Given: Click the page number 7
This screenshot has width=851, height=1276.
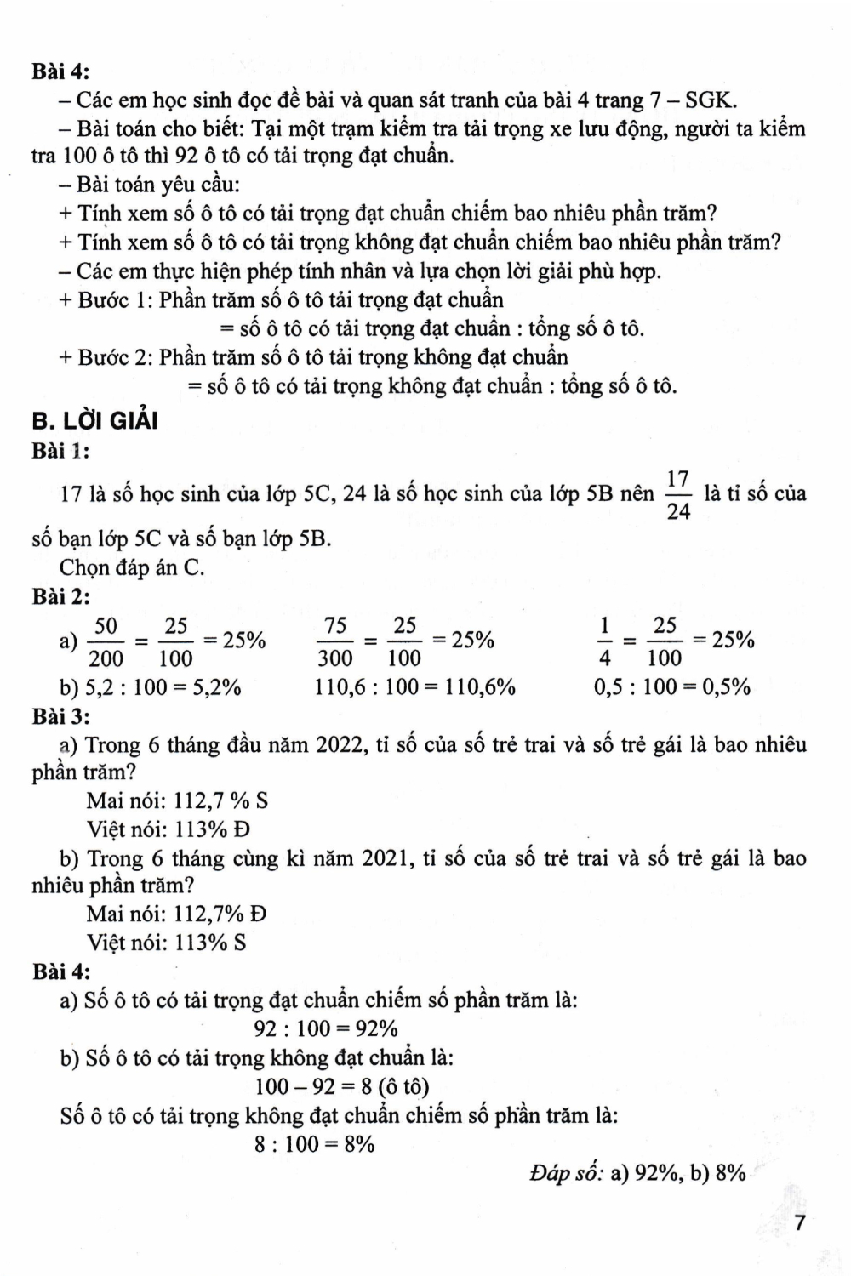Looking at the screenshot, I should (798, 1223).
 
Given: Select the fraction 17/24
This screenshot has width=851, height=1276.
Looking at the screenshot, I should (678, 494).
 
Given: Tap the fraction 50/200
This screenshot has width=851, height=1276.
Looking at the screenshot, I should (106, 641).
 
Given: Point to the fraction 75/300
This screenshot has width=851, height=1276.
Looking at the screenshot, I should (335, 641).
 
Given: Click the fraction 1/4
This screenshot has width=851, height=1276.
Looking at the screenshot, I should (605, 641).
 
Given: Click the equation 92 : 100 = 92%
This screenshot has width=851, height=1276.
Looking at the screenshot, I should (326, 1029).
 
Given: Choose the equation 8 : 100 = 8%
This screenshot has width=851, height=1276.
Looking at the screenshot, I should (314, 1144).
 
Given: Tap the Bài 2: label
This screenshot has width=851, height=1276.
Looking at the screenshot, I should (61, 597).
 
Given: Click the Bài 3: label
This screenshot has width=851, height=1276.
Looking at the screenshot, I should (61, 716).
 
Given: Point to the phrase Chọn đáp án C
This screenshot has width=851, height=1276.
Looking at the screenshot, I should (132, 567).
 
